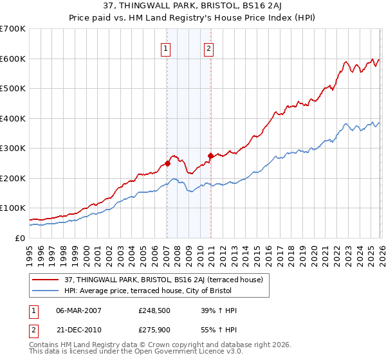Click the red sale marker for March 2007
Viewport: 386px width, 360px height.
(x=167, y=163)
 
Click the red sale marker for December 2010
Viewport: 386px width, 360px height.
(x=210, y=155)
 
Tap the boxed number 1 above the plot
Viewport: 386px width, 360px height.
(x=166, y=48)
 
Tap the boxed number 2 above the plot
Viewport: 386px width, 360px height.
(x=210, y=48)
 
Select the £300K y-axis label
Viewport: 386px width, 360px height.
(x=13, y=148)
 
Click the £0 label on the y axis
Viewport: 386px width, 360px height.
(x=19, y=238)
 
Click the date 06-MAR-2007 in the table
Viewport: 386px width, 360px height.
(x=80, y=310)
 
